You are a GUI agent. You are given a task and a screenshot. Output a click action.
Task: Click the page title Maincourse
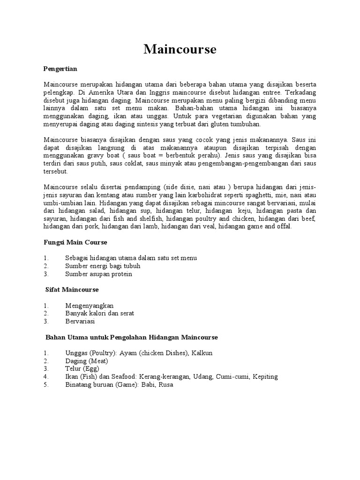[x=180, y=49]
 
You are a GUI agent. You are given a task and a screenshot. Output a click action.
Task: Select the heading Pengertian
[x=60, y=68]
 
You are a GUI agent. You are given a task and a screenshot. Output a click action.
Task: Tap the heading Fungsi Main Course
[x=75, y=242]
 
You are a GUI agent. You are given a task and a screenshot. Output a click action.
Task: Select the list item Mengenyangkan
[x=89, y=305]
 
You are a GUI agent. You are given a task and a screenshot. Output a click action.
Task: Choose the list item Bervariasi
[x=80, y=321]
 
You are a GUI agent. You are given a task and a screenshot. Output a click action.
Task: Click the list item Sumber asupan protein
[x=98, y=274]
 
